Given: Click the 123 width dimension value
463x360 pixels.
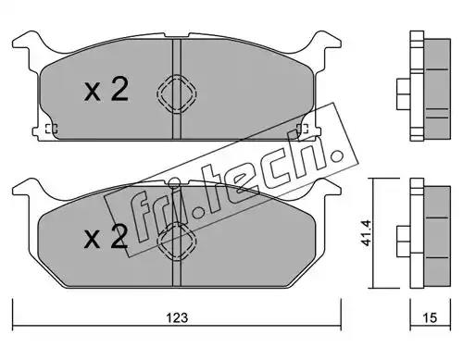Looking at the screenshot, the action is click(177, 317).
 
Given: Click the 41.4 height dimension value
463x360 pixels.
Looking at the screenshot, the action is click(366, 233).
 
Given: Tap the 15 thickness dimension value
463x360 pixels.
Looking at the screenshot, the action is click(430, 317).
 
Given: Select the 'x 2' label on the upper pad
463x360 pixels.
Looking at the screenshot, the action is click(106, 90).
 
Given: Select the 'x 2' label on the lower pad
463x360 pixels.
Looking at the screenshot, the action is click(106, 237).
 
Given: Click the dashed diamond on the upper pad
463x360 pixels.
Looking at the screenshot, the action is click(177, 93).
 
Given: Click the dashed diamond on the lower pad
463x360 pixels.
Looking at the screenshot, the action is click(177, 241).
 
